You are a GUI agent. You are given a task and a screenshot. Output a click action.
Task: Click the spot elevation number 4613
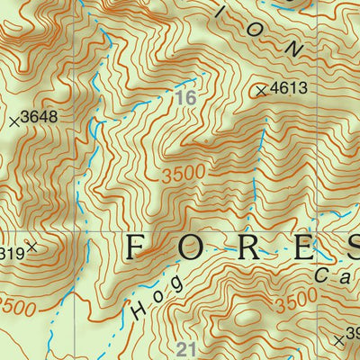coord(289,89)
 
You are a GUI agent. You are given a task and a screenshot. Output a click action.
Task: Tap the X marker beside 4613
coord(262,90)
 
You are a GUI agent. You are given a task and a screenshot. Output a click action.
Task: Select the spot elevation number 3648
coord(40,117)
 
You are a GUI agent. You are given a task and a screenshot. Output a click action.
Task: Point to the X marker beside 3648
coord(13,119)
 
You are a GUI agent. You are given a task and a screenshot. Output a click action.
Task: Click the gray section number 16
coord(185,97)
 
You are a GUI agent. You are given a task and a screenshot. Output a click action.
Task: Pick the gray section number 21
coord(187,349)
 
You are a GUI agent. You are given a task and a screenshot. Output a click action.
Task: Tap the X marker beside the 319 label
coord(31,246)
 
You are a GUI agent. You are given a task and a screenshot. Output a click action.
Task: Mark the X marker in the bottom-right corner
coord(337,340)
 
